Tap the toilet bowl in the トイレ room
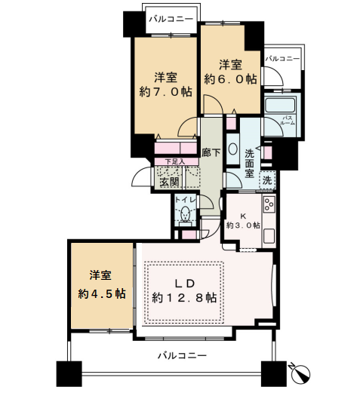click(x=186, y=214)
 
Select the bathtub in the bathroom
click(x=280, y=104)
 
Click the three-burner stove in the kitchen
click(x=269, y=204)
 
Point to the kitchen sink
click(x=269, y=236)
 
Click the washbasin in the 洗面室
click(x=232, y=149)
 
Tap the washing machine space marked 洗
click(x=267, y=180)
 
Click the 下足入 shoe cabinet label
click(x=175, y=161)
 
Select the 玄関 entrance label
click(x=170, y=182)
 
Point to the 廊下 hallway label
click(x=211, y=152)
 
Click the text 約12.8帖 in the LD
click(x=184, y=298)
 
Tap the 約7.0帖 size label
click(x=165, y=92)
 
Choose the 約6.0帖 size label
click(x=230, y=79)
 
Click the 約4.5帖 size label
click(x=102, y=293)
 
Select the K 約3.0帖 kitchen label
click(x=243, y=221)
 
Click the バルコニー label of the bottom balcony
click(x=183, y=356)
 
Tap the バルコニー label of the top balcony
click(x=171, y=19)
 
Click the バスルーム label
click(x=288, y=121)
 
